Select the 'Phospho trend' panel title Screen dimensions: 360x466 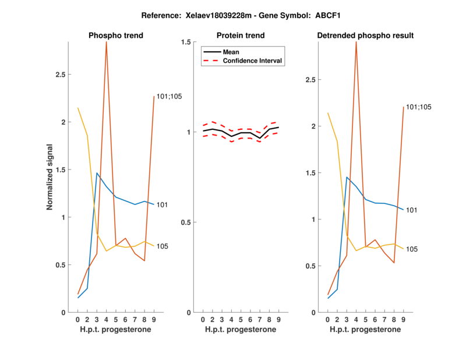(116, 36)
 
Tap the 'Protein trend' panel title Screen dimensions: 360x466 (241, 36)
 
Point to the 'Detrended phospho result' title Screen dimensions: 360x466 (366, 36)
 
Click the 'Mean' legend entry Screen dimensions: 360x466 (231, 52)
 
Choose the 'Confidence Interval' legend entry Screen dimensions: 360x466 (253, 61)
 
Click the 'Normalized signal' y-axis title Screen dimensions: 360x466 (50, 177)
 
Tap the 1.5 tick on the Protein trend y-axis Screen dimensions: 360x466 (186, 42)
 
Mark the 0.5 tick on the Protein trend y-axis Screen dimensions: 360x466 (186, 223)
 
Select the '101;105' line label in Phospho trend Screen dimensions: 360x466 (170, 96)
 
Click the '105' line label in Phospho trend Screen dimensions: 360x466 (163, 246)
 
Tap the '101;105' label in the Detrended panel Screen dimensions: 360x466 (419, 107)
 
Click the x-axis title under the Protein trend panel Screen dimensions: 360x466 (241, 330)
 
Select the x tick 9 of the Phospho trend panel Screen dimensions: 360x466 (154, 320)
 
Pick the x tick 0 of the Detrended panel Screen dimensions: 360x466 (328, 320)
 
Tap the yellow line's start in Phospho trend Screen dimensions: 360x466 (78, 108)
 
